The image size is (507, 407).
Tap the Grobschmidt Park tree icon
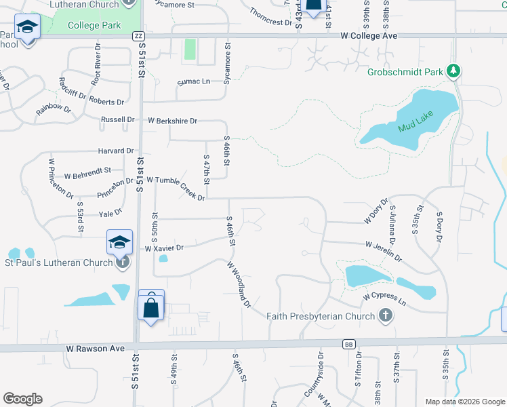[x=454, y=71]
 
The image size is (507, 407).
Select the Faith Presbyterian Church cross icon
[x=385, y=315]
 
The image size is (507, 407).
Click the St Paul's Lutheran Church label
[x=58, y=263]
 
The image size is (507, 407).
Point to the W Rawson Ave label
[x=96, y=348]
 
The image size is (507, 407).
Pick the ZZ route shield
[x=139, y=36]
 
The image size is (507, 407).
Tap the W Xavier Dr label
[x=165, y=248]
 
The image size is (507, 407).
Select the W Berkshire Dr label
[x=173, y=121]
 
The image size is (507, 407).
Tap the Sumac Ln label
[x=193, y=81]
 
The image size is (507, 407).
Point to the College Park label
[x=95, y=26]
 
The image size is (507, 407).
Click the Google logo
[x=22, y=399]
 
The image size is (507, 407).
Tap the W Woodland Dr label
[x=239, y=284]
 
